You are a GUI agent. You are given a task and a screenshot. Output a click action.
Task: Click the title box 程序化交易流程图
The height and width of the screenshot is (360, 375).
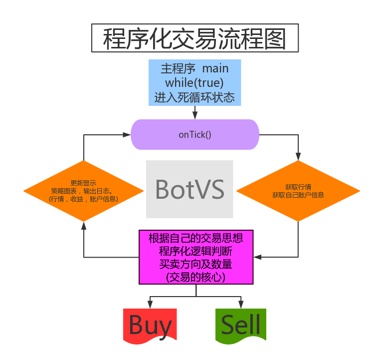click(195, 38)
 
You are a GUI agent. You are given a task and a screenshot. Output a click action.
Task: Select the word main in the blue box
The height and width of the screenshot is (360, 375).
click(215, 68)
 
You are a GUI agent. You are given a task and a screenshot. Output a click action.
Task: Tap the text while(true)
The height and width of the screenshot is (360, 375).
click(194, 83)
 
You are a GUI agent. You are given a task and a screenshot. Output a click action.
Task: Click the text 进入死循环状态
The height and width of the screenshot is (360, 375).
click(194, 97)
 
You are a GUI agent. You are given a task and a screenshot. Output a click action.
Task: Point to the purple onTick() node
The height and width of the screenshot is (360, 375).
click(195, 135)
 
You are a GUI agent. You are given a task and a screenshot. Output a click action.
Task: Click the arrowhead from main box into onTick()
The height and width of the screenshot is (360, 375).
click(195, 116)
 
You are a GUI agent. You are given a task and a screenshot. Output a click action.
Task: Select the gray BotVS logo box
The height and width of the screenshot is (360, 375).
click(189, 189)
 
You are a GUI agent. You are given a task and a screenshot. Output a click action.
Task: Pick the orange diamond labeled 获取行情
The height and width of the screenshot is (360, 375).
click(298, 191)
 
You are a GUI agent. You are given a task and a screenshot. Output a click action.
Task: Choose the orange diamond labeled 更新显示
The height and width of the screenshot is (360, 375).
click(83, 191)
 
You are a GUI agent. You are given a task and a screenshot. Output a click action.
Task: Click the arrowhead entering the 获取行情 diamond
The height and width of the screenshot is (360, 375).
click(298, 157)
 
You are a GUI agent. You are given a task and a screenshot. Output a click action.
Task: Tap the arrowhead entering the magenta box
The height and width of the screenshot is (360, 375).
click(257, 257)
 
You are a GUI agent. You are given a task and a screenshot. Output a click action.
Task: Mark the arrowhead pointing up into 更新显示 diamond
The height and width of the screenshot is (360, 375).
click(84, 226)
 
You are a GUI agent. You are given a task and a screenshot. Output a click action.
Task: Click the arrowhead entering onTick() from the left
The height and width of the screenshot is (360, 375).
click(127, 135)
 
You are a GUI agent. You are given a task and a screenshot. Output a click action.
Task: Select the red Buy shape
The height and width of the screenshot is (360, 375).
click(150, 326)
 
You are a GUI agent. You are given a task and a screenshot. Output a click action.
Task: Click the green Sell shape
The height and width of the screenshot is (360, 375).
click(241, 326)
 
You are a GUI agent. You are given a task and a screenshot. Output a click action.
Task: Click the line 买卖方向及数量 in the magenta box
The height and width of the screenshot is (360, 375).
click(196, 265)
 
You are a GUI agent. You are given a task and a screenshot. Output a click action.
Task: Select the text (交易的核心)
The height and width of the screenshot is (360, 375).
click(196, 278)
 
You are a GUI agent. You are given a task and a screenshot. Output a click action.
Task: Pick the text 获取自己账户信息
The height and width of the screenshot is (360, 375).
click(298, 195)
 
